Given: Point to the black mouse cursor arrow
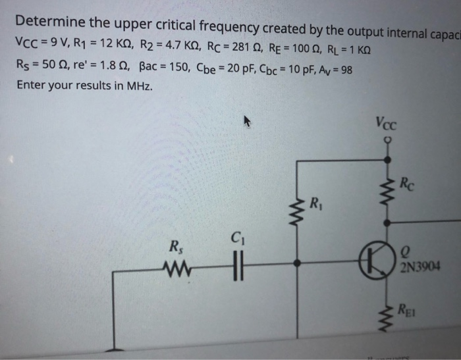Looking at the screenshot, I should pos(248,121).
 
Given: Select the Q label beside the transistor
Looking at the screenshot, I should pos(405,251).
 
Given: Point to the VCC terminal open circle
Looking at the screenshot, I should pos(387,140).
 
